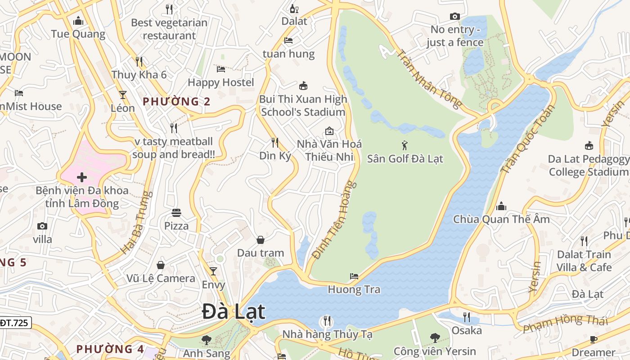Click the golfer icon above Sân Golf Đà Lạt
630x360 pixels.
[405, 145]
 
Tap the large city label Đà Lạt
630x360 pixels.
[234, 312]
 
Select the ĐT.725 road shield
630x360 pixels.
[14, 323]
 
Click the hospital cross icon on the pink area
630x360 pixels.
[81, 177]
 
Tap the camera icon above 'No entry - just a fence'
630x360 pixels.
[454, 17]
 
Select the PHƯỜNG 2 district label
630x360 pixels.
[176, 102]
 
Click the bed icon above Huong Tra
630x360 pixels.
[354, 276]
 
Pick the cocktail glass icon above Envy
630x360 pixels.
[213, 271]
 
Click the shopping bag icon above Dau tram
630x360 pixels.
[260, 240]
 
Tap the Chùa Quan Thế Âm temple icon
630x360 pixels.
[501, 207]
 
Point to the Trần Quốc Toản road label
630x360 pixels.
[527, 139]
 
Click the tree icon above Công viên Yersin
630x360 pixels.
[435, 337]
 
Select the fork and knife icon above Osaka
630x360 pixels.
[467, 317]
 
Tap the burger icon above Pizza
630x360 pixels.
[176, 212]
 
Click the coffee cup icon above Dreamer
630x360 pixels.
[593, 339]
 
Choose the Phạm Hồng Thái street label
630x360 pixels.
[565, 324]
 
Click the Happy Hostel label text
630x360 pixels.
[221, 82]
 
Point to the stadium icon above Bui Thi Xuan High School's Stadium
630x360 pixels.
[303, 85]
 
